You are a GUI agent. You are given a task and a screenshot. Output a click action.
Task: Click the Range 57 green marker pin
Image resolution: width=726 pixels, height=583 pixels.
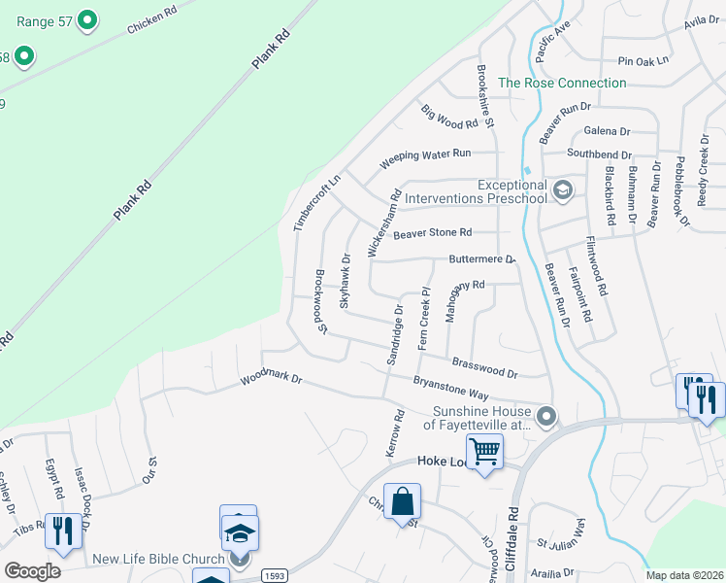tap(86, 18)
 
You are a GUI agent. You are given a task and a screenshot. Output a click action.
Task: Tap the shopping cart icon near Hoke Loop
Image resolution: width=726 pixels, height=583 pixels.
tap(484, 451)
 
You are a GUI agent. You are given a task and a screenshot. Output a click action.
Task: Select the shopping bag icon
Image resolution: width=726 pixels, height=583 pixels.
tap(402, 502)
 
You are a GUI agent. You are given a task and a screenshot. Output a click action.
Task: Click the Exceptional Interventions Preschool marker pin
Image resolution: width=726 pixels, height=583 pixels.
tap(561, 189)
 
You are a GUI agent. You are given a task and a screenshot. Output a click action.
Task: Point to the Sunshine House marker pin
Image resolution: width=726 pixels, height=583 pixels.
tap(546, 417)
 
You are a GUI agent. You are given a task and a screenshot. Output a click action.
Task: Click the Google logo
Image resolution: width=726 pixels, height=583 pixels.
tap(32, 570)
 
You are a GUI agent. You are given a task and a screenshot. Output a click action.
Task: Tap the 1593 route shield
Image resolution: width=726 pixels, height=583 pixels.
tap(275, 576)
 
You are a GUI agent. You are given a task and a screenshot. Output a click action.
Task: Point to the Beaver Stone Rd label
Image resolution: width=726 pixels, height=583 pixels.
tap(432, 233)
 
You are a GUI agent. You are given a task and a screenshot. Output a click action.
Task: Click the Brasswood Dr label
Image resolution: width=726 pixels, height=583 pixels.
tap(484, 367)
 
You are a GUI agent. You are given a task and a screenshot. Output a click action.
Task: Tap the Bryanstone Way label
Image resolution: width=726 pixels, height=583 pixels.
tap(450, 387)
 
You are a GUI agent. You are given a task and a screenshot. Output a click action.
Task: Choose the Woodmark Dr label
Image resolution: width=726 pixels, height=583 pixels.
tap(271, 377)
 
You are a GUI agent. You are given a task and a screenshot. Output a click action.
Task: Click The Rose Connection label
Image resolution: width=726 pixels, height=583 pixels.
tap(562, 83)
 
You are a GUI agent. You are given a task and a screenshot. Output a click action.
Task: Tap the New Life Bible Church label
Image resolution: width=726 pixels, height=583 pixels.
tap(157, 559)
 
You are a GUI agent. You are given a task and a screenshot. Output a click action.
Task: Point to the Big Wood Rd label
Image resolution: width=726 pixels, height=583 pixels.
tap(449, 118)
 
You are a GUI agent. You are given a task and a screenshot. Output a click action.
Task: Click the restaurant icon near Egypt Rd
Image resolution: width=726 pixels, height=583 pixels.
tap(64, 531)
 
